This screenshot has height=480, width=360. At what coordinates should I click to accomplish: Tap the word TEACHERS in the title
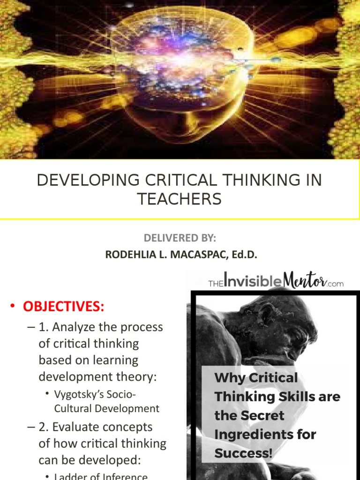coord(180,199)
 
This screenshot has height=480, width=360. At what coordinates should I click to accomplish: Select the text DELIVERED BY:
coord(180,238)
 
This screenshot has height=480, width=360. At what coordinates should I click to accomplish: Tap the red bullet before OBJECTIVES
coord(13,307)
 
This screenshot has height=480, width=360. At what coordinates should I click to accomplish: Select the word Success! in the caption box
coord(243,453)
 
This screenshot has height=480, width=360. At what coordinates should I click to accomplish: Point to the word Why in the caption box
coord(228,378)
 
